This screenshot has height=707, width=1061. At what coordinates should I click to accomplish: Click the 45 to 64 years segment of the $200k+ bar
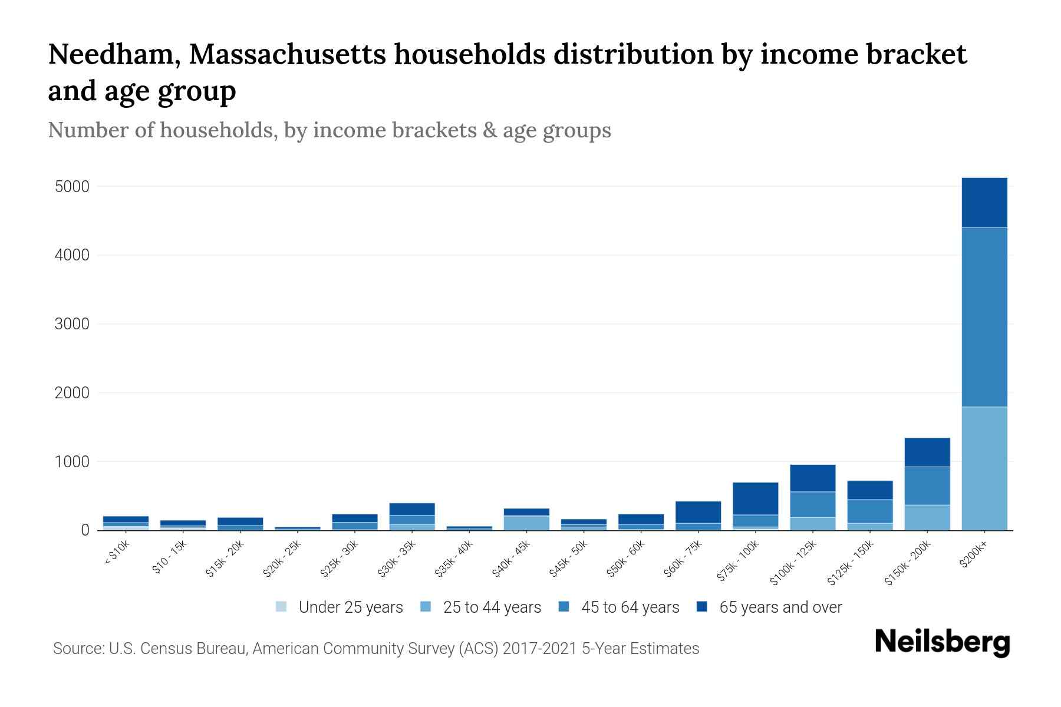(984, 317)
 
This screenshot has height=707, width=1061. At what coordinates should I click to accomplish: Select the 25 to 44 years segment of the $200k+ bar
(984, 468)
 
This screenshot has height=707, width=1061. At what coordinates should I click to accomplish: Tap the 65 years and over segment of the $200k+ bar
(984, 203)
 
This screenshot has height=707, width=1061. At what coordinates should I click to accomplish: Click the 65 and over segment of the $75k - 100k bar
(755, 498)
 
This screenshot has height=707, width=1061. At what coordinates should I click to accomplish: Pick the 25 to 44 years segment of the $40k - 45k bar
(526, 523)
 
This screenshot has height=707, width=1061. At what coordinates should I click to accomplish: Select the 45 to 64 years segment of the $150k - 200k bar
(927, 485)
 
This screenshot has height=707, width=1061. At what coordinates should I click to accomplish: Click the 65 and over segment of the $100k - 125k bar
(813, 478)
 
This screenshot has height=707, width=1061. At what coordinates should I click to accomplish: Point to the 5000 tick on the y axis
(72, 187)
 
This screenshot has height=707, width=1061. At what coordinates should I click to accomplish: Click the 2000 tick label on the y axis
(72, 393)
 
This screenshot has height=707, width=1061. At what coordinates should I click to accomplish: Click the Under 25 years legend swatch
(282, 606)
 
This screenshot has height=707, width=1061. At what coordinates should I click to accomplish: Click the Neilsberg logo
(942, 642)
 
